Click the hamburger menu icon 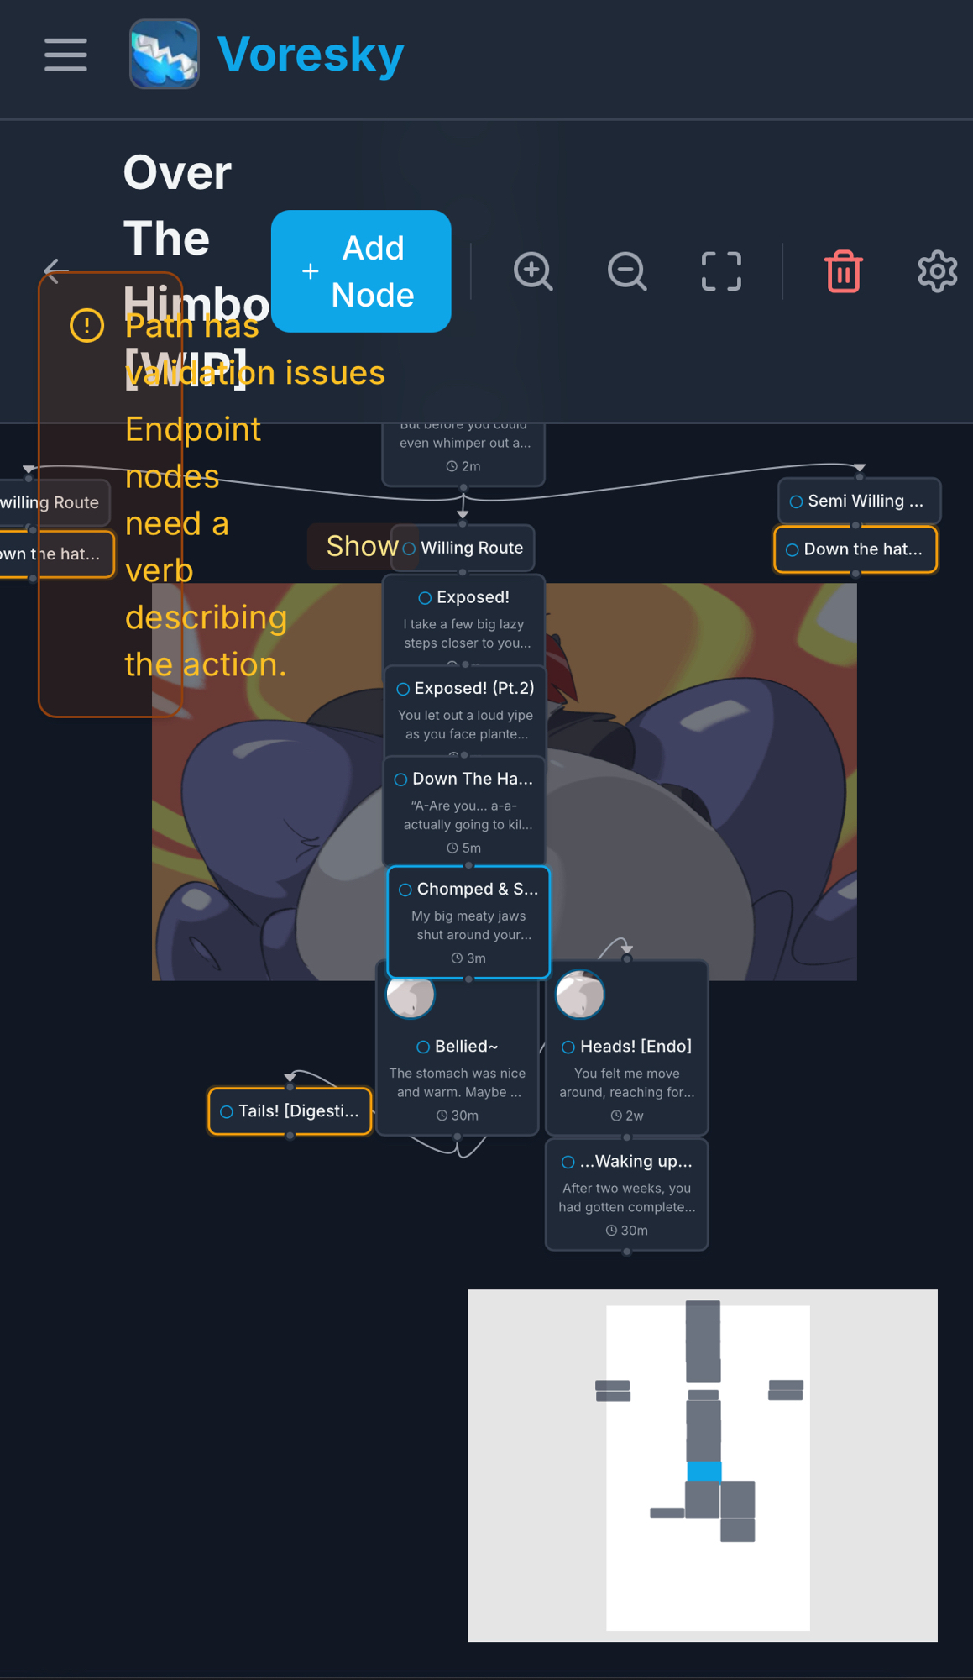(x=65, y=55)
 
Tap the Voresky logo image (x=165, y=55)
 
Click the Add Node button (x=361, y=271)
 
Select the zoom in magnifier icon (x=533, y=271)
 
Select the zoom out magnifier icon (x=627, y=271)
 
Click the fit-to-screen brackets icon (x=721, y=271)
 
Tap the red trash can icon (x=843, y=271)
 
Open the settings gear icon (x=937, y=271)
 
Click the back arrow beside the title (x=56, y=270)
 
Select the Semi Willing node (x=858, y=501)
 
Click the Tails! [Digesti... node (x=290, y=1111)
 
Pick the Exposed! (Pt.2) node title (x=473, y=688)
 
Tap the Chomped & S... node (x=468, y=921)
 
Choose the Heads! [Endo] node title (x=636, y=1046)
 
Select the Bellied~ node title (x=466, y=1046)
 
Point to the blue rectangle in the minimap (x=704, y=1471)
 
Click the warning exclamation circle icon (x=86, y=325)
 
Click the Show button (x=361, y=546)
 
